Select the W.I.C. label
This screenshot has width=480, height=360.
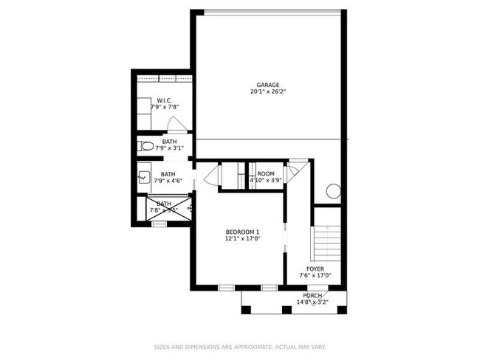(x=164, y=100)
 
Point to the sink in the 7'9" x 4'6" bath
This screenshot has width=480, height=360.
(x=143, y=177)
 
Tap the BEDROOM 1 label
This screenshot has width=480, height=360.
(x=242, y=232)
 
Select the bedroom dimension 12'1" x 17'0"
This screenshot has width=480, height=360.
(x=242, y=240)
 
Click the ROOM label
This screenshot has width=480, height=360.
(x=265, y=173)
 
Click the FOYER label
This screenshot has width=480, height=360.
(x=315, y=269)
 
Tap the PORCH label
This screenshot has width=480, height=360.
(x=312, y=296)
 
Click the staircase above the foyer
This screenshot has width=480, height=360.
(x=326, y=239)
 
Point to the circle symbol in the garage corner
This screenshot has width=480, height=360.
(x=333, y=191)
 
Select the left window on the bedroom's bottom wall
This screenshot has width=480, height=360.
(x=226, y=287)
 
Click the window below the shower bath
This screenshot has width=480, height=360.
(x=159, y=224)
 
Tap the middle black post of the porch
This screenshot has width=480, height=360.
(x=286, y=309)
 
